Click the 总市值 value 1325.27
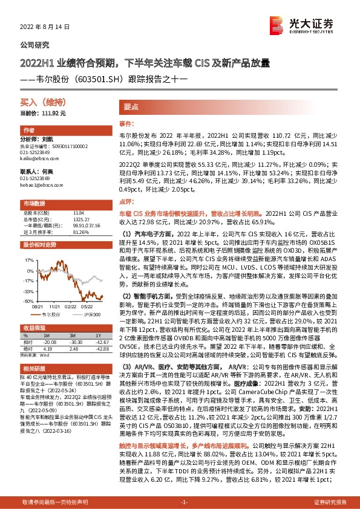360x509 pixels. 79,218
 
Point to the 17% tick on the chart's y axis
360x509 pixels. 28,259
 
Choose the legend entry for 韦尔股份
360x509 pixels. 48,314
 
